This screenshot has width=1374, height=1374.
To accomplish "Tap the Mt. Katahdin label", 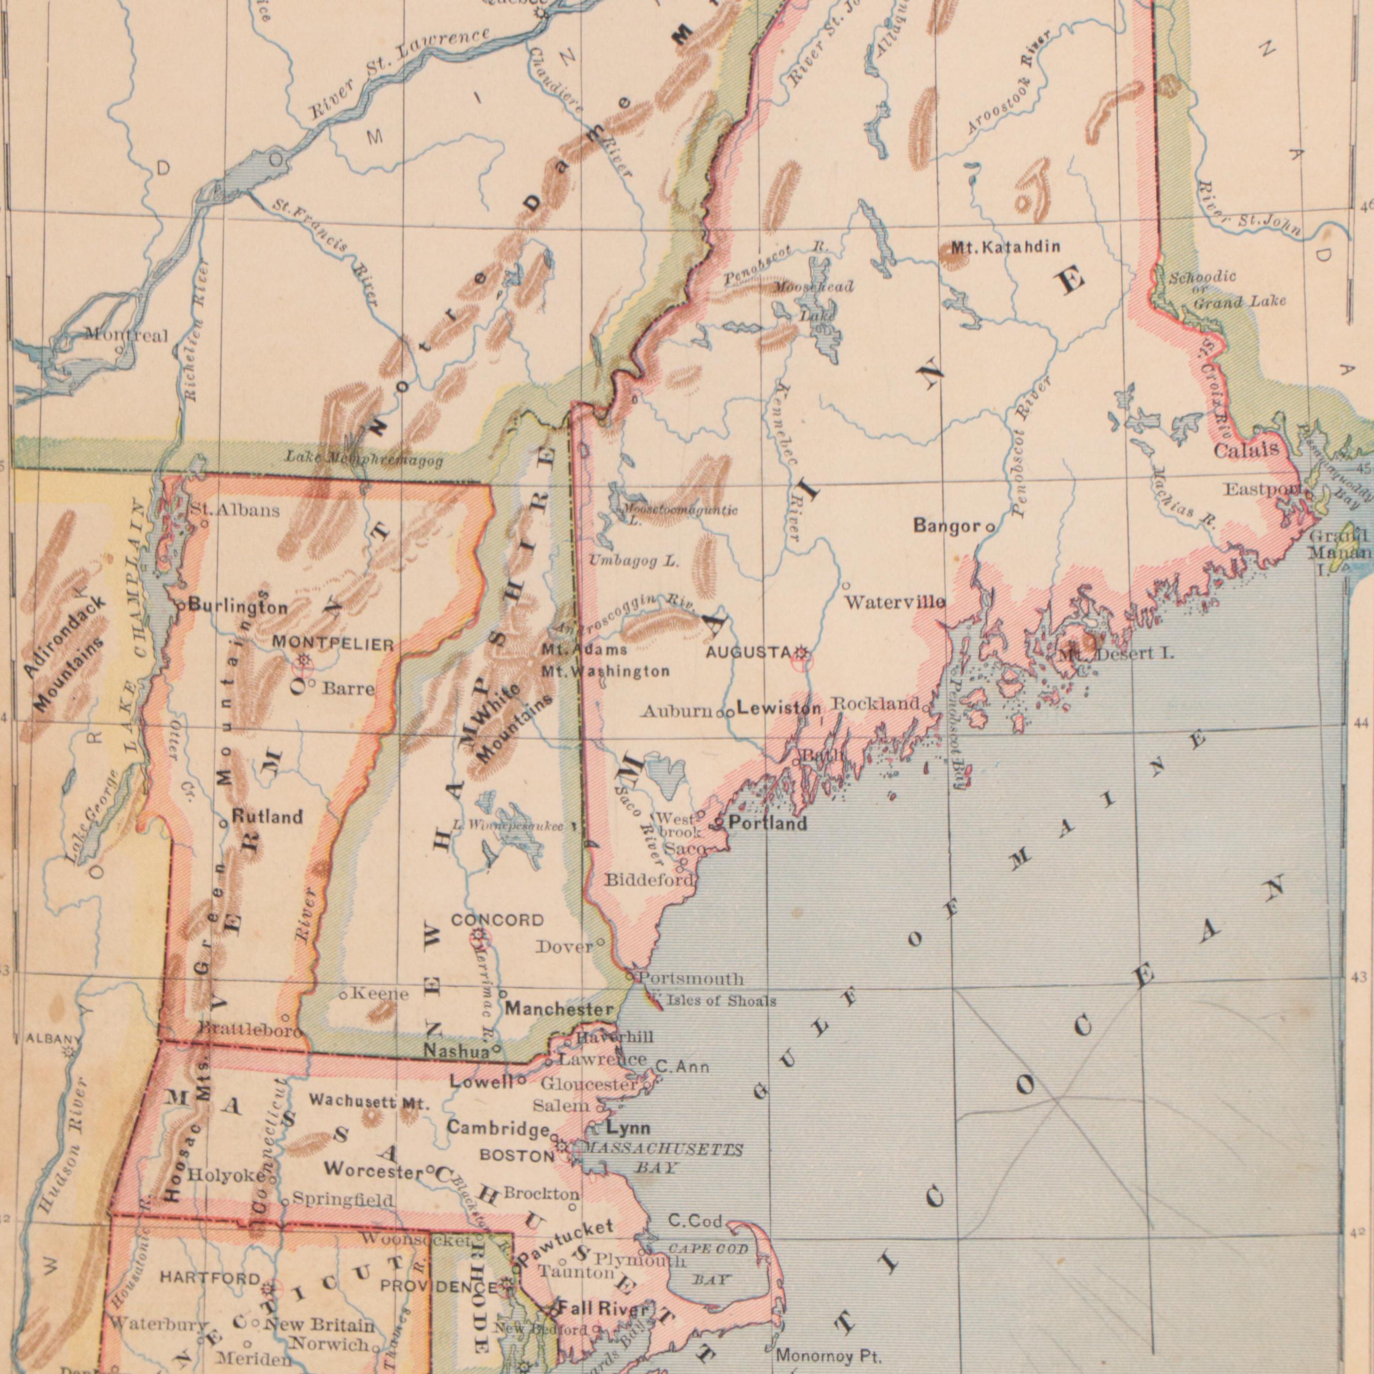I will pyautogui.click(x=1006, y=248).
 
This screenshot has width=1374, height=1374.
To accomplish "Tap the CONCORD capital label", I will pyautogui.click(x=497, y=920).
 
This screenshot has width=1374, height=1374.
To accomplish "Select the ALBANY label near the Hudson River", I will pyautogui.click(x=54, y=1039).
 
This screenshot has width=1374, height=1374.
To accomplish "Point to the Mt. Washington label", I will pyautogui.click(x=605, y=670).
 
